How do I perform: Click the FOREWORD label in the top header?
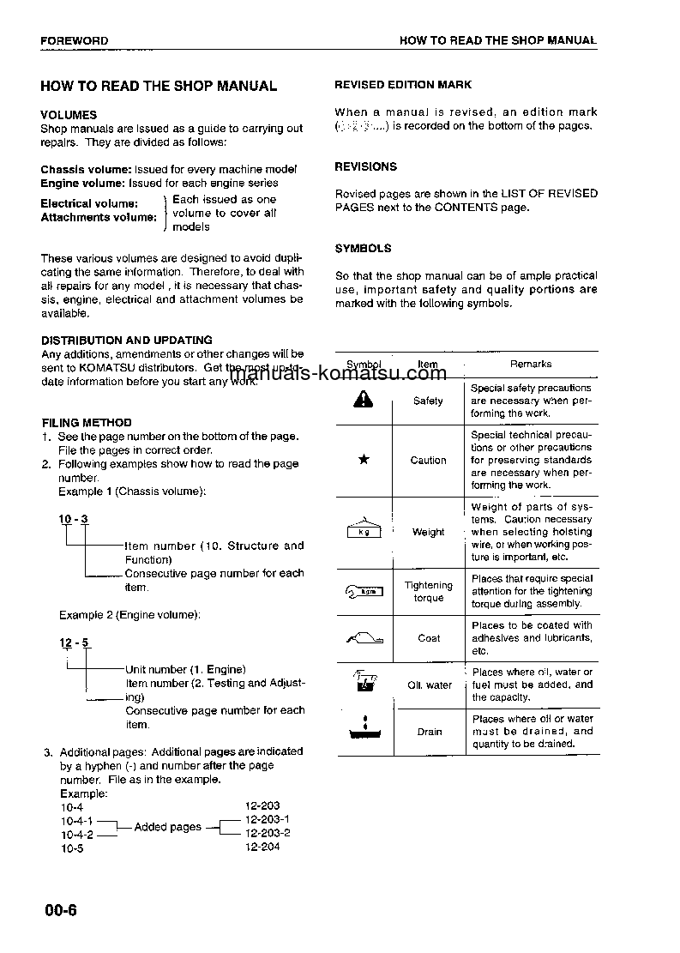(x=74, y=40)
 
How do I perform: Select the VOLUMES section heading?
(x=69, y=115)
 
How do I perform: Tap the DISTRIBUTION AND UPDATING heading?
(x=127, y=340)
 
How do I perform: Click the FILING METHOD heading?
(x=87, y=422)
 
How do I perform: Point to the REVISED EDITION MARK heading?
(x=402, y=85)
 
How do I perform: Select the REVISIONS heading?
(x=365, y=166)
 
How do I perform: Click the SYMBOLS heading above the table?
(x=363, y=248)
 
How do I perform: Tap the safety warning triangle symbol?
(x=364, y=400)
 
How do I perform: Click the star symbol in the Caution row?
(x=364, y=460)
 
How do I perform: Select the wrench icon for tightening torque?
(x=364, y=591)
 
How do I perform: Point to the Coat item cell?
(x=429, y=638)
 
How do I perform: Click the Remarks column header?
(x=531, y=364)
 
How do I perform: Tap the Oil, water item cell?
(x=429, y=685)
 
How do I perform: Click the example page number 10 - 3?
(x=73, y=520)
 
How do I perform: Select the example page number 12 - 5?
(x=73, y=642)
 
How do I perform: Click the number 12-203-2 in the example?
(x=268, y=833)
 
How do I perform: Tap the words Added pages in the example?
(x=168, y=827)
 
